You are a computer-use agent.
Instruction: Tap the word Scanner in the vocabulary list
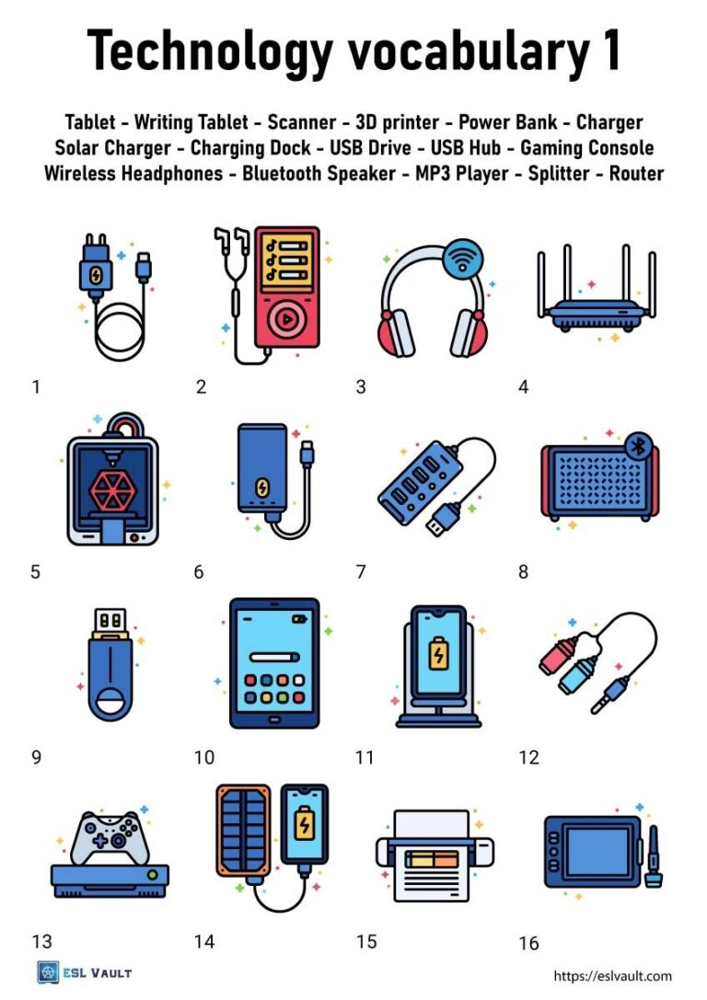[x=303, y=122]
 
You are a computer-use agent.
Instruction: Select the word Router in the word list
[x=636, y=174]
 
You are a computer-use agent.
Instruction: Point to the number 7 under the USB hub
[x=362, y=572]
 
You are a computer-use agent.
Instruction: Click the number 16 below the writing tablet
[x=528, y=943]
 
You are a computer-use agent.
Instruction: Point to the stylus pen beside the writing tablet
[x=655, y=856]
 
